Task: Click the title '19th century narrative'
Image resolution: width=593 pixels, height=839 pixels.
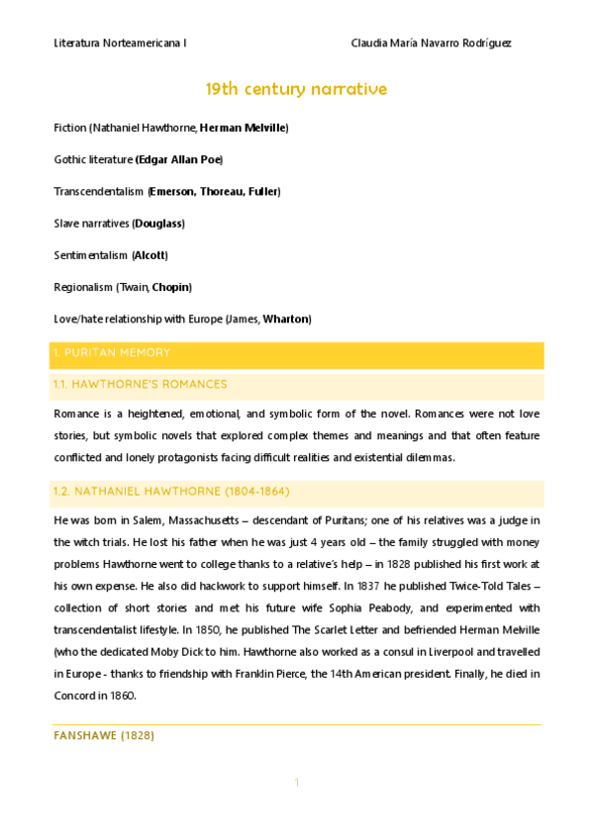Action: [x=296, y=90]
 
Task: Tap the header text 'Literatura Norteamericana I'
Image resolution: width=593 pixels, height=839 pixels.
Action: [x=121, y=44]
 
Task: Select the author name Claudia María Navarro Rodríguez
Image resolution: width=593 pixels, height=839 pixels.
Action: [x=432, y=44]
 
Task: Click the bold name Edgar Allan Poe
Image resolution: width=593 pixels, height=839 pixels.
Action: [x=178, y=159]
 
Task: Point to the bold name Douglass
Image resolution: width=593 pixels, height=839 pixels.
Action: [x=158, y=223]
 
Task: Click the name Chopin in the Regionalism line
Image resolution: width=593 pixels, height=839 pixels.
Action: [x=170, y=287]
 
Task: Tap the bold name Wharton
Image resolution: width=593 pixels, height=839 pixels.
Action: [x=286, y=319]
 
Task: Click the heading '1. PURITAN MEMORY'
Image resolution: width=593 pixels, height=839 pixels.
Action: [x=112, y=353]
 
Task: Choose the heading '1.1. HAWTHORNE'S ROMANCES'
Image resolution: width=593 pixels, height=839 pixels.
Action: [x=141, y=384]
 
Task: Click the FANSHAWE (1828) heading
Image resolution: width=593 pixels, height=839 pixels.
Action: [x=104, y=736]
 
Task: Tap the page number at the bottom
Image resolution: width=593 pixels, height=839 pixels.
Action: [x=296, y=784]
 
